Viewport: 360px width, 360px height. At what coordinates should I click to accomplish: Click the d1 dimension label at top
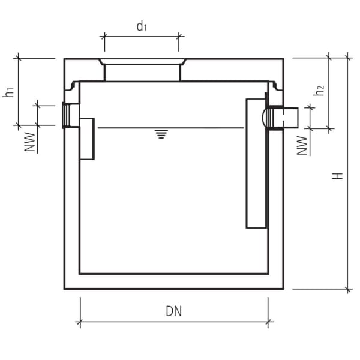point(142,26)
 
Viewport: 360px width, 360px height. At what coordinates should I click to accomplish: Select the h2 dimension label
point(320,91)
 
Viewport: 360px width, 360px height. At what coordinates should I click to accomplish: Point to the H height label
point(339,175)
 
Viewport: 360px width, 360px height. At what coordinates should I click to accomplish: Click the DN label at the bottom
point(173,311)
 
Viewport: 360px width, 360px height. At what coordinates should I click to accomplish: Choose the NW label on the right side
point(304,145)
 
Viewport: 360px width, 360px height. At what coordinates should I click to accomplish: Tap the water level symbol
point(160,133)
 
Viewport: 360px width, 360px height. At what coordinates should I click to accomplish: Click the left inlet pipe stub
point(71,115)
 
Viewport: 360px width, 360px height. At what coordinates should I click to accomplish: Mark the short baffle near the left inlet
point(87,139)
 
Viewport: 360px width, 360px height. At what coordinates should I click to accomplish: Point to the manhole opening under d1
point(142,71)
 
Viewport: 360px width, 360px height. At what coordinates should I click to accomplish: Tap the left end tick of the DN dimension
point(79,323)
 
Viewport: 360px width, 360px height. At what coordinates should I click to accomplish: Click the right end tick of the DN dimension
point(267,323)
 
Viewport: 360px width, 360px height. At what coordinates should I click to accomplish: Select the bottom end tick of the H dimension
point(348,289)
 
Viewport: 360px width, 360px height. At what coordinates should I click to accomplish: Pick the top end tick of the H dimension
point(348,58)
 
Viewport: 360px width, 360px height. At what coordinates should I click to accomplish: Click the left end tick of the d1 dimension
point(104,36)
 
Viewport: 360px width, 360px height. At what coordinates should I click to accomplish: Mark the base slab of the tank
point(173,281)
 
